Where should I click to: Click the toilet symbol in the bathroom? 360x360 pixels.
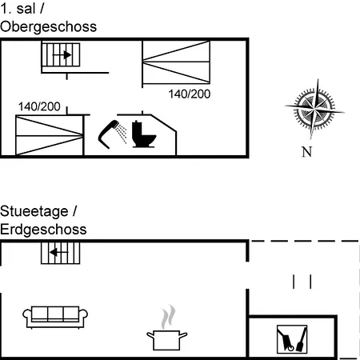point(143,134)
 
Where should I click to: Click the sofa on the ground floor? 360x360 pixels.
point(55,317)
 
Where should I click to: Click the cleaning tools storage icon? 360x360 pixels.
point(292,339)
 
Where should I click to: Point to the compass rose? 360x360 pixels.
point(314,109)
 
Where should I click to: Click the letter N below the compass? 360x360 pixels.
point(306,152)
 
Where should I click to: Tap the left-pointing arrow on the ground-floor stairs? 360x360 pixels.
point(58,252)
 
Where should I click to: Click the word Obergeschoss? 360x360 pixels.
point(48,27)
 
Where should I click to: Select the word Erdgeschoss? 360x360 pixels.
point(43,230)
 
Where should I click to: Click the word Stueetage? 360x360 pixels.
point(34,211)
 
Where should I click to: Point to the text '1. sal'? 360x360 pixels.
point(18,9)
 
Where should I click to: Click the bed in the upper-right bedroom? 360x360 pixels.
point(176,62)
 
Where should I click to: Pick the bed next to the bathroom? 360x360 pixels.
point(50,135)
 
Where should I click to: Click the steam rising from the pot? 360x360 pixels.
point(168,317)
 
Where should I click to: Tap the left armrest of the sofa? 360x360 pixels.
point(27,314)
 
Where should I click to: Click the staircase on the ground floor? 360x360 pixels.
point(61,253)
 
